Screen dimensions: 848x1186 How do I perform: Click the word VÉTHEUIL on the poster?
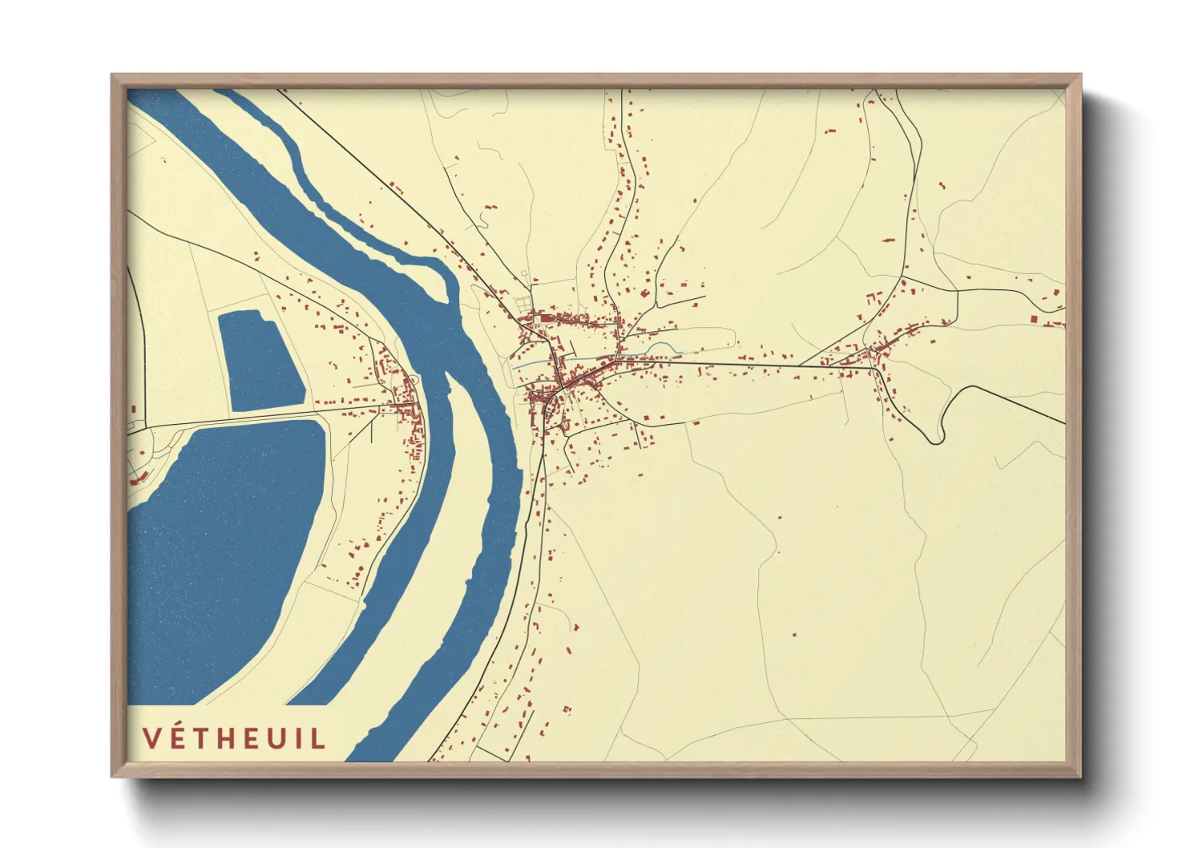(x=234, y=738)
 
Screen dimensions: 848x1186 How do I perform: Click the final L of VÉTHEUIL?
(x=319, y=738)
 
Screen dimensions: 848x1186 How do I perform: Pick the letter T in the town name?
(x=205, y=738)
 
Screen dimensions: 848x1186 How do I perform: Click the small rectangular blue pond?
(x=260, y=361)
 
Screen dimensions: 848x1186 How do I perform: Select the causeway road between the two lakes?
(x=240, y=419)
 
